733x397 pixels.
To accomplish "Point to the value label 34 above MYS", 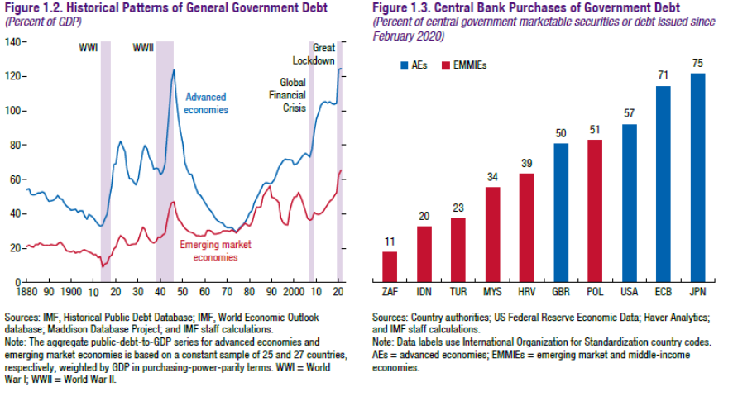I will click(x=491, y=176).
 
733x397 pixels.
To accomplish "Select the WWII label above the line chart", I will click(x=142, y=47).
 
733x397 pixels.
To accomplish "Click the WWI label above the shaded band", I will click(x=88, y=47).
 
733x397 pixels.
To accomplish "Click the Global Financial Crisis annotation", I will click(x=293, y=95).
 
